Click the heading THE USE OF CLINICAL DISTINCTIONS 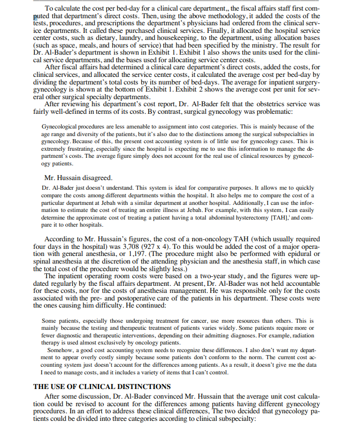pyautogui.click(x=102, y=386)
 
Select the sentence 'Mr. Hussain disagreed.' pyautogui.click(x=78, y=178)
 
